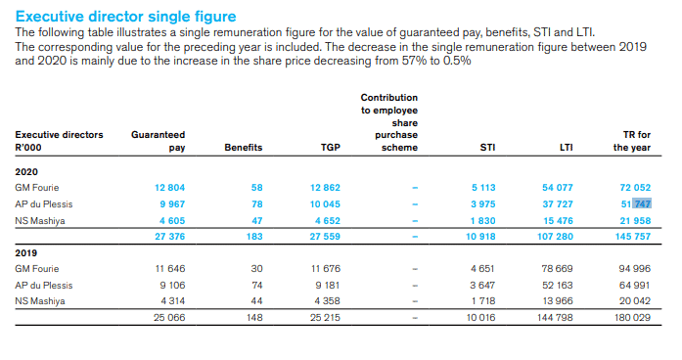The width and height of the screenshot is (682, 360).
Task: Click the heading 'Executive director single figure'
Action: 125,17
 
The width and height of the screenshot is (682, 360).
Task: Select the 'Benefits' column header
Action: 243,148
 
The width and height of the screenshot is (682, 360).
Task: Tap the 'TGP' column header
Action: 331,148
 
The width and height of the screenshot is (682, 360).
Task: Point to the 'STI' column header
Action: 487,148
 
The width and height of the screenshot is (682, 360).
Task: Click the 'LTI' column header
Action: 566,148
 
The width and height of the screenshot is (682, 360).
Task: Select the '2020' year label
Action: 26,172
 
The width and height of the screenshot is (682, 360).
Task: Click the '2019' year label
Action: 26,253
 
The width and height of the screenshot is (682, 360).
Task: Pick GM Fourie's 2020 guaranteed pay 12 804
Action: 169,188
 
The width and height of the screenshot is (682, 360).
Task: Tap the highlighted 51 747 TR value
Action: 636,203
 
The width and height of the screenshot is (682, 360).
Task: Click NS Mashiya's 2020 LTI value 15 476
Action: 558,221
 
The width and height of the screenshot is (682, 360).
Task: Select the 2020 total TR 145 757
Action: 633,237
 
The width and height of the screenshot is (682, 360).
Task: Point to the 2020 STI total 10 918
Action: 480,237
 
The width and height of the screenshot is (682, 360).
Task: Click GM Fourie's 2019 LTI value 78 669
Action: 557,269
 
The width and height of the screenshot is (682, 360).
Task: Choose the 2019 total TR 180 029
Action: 632,317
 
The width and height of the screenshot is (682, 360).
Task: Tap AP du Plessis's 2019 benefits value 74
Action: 257,286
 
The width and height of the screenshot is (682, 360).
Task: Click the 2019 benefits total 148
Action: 254,317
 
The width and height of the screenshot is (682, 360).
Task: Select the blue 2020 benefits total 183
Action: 254,237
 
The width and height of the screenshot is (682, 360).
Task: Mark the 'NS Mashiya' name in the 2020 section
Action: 40,221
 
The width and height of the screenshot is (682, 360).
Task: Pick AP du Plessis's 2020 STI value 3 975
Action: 483,203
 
